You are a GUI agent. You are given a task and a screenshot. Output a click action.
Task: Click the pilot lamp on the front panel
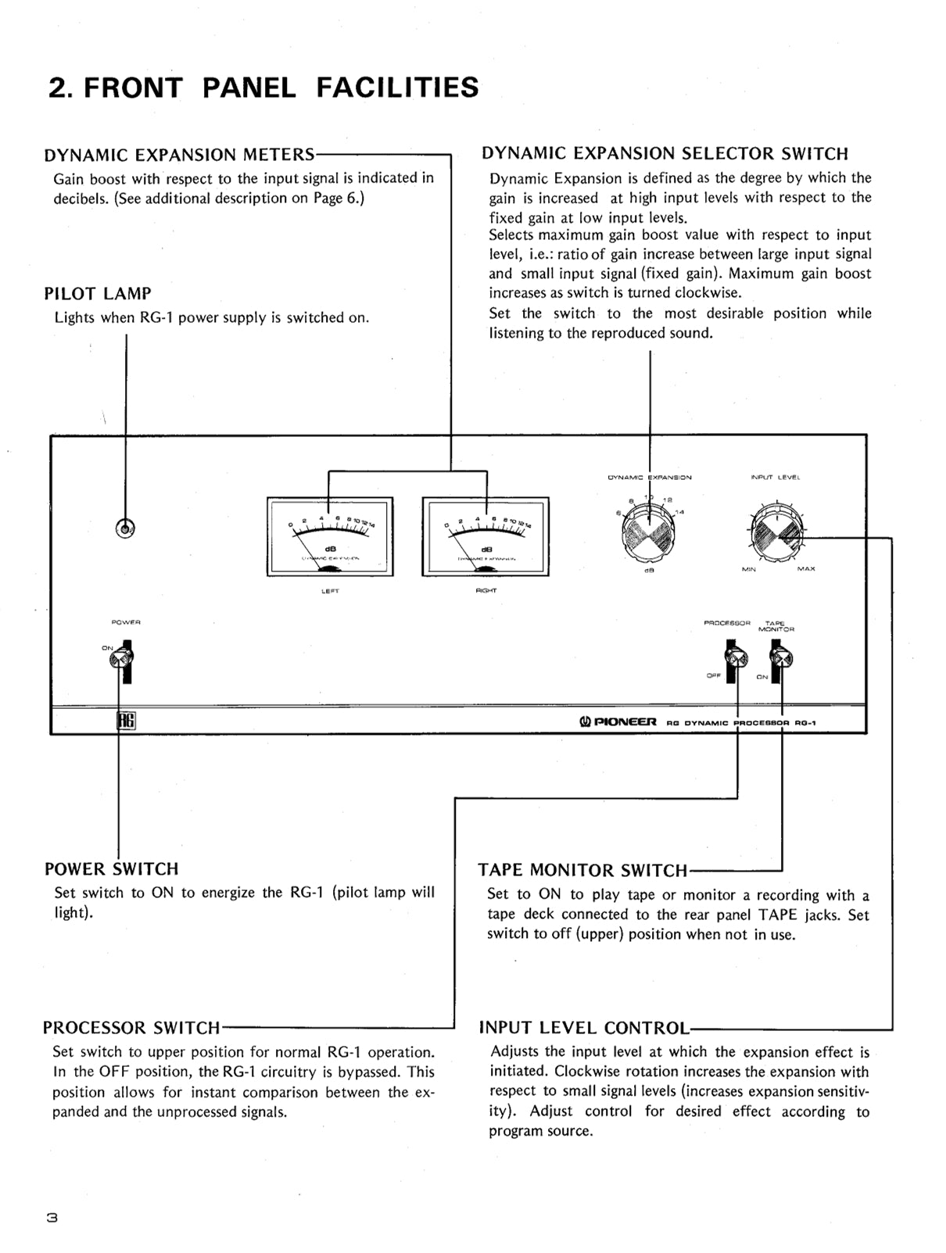point(125,529)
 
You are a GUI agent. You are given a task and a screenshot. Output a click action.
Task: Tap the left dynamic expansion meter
point(330,536)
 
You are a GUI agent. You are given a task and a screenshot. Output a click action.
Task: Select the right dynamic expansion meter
point(486,536)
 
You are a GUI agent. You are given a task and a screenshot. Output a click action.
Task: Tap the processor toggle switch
point(733,658)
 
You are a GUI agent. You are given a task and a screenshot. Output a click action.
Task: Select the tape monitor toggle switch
point(779,658)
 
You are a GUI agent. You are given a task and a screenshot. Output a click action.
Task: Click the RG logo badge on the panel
point(126,721)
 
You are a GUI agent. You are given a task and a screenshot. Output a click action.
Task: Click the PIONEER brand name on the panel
point(618,722)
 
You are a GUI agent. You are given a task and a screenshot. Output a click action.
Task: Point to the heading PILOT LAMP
point(98,294)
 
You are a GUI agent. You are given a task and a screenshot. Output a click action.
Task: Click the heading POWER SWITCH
point(111,869)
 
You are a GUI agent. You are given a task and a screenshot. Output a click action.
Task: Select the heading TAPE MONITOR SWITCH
point(583,871)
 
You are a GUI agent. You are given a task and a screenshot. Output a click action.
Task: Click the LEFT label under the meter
point(330,591)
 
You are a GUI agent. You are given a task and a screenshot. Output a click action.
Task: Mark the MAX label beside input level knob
point(806,569)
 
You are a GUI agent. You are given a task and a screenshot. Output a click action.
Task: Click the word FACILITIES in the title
point(397,87)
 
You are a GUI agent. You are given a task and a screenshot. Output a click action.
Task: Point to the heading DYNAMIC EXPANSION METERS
point(180,155)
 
